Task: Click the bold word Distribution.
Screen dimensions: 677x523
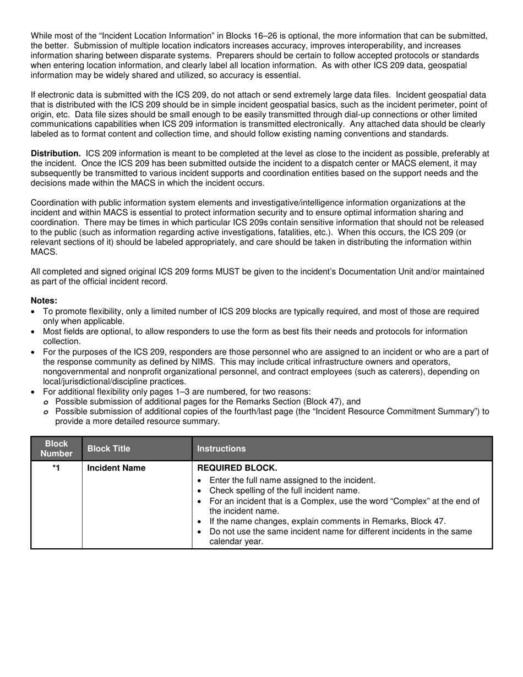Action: point(56,154)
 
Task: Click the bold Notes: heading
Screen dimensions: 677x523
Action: point(44,301)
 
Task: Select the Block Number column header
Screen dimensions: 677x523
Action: point(56,449)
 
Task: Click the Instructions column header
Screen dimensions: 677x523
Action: point(221,449)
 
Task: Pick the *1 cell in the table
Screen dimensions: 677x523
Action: point(56,468)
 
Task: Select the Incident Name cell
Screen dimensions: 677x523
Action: point(117,468)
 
